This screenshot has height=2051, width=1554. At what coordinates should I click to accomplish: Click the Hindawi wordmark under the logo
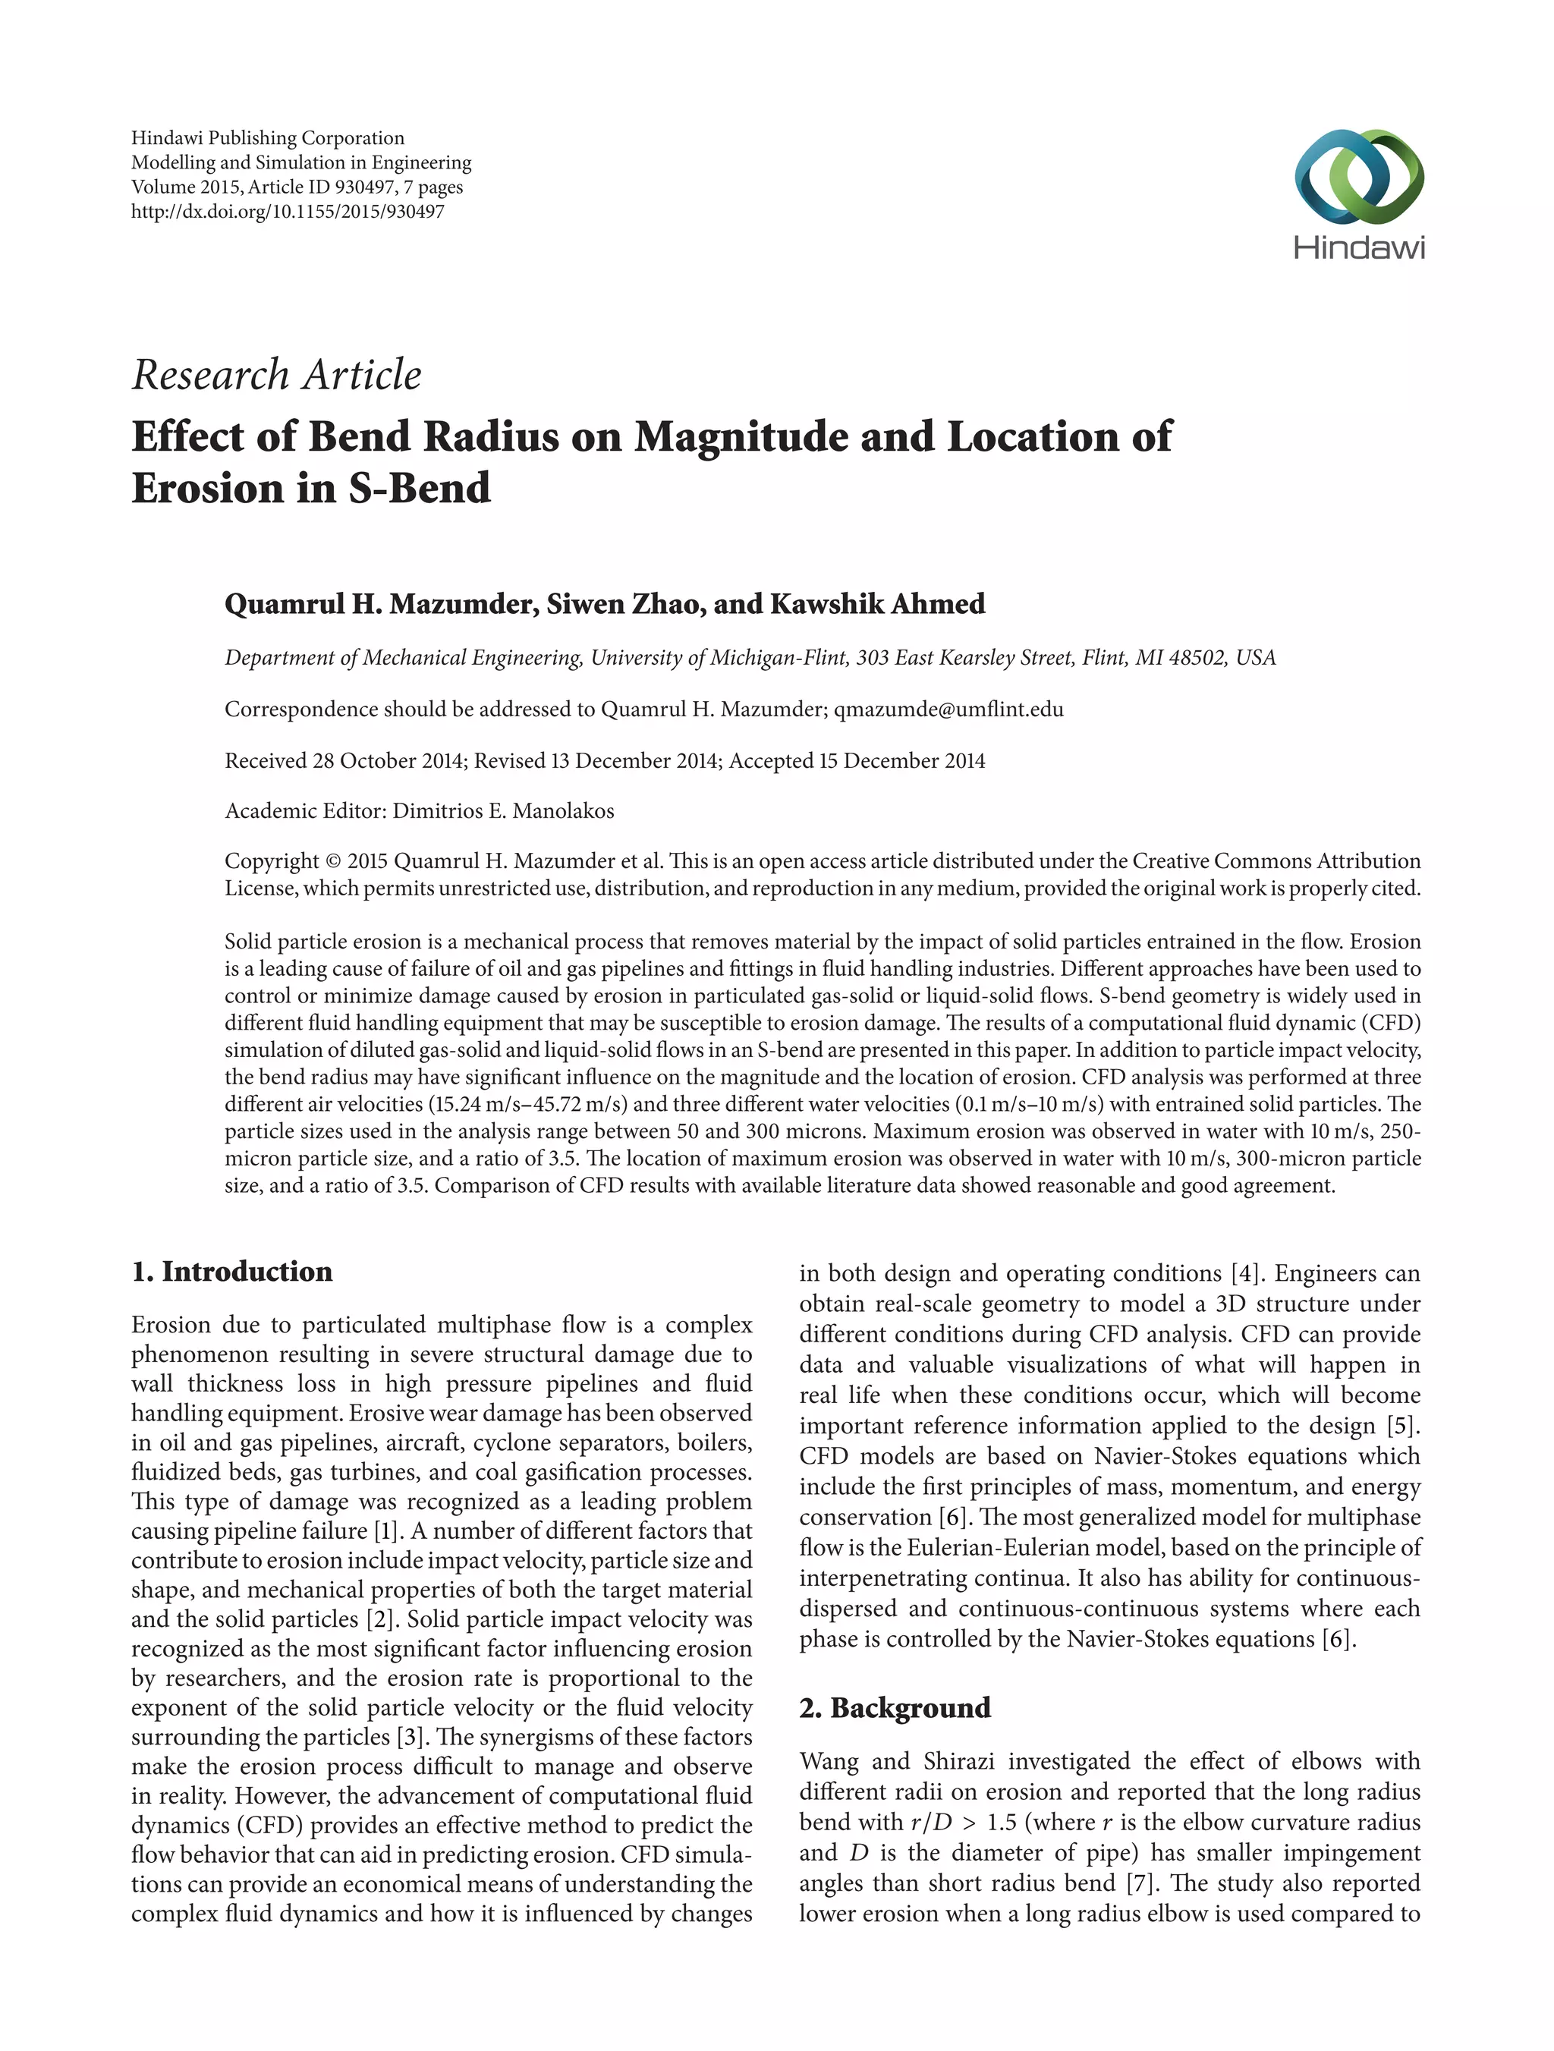[x=1358, y=247]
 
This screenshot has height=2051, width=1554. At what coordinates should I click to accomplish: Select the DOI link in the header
[x=288, y=212]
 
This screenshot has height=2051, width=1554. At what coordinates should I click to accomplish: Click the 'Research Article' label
[x=276, y=376]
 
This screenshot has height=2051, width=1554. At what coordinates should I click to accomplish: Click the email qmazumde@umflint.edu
[x=948, y=709]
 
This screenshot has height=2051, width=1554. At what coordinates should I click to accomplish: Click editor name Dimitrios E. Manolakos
[x=504, y=811]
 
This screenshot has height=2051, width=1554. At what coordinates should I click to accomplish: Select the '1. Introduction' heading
[x=231, y=1271]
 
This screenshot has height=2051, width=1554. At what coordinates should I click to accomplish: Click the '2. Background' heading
[x=895, y=1707]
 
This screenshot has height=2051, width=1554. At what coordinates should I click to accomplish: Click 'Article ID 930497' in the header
[x=320, y=187]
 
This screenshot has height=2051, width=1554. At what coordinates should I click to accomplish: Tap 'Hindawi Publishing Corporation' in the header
[x=268, y=138]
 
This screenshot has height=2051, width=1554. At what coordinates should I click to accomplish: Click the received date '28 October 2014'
[x=388, y=761]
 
